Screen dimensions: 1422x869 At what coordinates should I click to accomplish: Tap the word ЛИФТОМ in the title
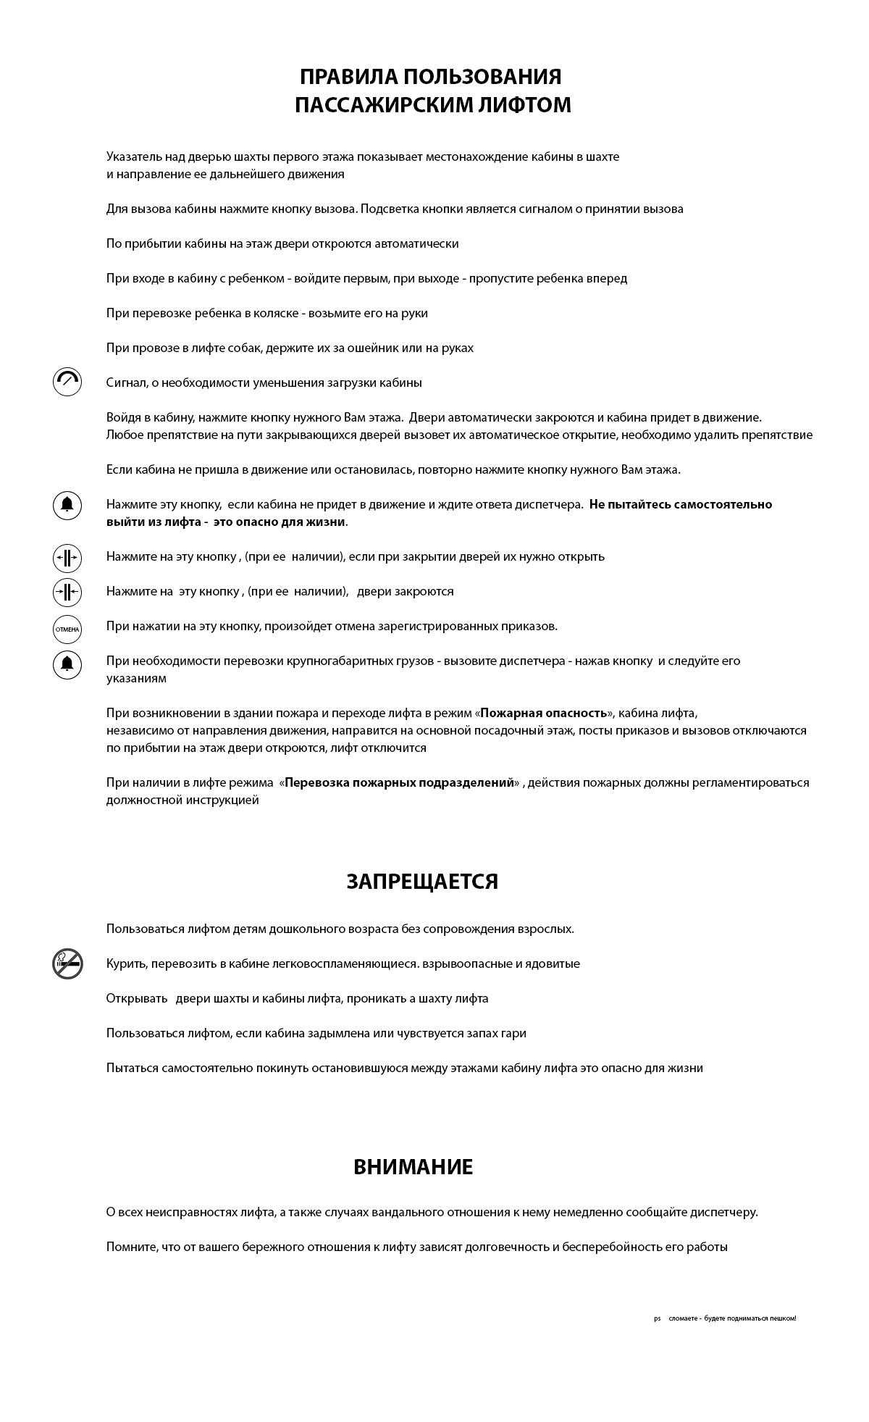(527, 105)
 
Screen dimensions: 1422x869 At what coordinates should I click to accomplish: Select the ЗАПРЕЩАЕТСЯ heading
(422, 882)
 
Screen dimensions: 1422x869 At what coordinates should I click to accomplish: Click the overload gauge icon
(67, 382)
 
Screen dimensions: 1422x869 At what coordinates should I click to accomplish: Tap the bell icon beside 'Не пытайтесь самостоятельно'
(67, 505)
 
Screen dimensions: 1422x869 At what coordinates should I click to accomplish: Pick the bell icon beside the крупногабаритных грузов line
(67, 664)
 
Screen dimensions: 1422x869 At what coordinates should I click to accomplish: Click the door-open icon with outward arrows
(67, 558)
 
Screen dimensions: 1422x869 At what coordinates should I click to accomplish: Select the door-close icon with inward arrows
(67, 592)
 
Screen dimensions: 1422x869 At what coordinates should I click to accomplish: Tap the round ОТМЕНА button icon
(67, 629)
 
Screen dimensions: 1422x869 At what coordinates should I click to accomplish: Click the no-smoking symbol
(67, 963)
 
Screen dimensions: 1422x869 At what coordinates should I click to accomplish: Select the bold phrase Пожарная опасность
(543, 714)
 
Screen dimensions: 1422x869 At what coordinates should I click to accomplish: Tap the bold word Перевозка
(317, 783)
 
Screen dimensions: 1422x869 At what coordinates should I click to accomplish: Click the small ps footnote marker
(658, 1318)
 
